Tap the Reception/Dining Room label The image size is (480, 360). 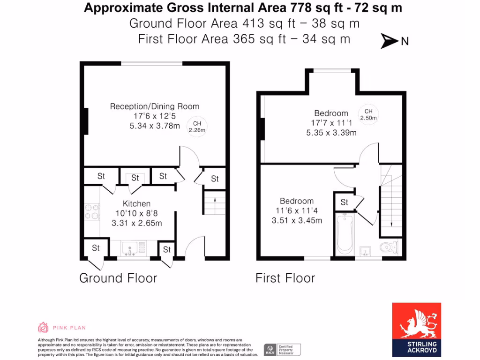pyautogui.click(x=154, y=106)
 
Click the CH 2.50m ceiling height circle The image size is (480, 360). pyautogui.click(x=368, y=114)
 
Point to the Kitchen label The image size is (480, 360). pyautogui.click(x=136, y=203)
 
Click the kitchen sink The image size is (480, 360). pyautogui.click(x=129, y=247)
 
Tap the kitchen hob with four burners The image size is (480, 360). pyautogui.click(x=91, y=212)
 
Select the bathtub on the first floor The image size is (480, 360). pyautogui.click(x=345, y=234)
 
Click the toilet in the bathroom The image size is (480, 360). pyautogui.click(x=389, y=246)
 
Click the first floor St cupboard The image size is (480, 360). pyautogui.click(x=345, y=202)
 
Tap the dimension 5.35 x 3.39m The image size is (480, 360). pyautogui.click(x=331, y=133)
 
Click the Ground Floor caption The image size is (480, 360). pyautogui.click(x=118, y=278)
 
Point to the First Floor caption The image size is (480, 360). pyautogui.click(x=285, y=278)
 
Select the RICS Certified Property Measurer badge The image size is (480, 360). pyautogui.click(x=282, y=349)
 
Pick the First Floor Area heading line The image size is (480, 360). pyautogui.click(x=244, y=39)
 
